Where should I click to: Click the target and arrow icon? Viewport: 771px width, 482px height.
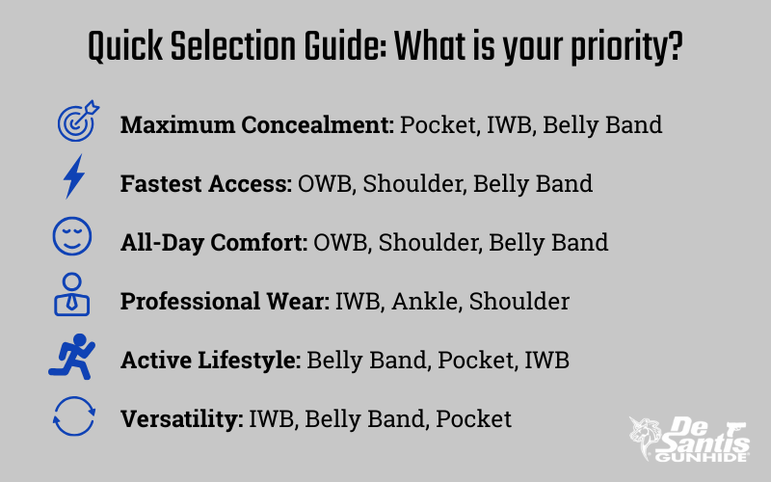pos(77,121)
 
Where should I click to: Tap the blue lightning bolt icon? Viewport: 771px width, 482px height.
pos(74,176)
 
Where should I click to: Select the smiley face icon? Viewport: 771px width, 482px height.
pos(72,236)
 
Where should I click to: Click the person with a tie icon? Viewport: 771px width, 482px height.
pos(71,294)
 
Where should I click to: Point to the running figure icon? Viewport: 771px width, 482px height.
pos(72,357)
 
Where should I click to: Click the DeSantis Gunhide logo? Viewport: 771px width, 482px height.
pos(689,440)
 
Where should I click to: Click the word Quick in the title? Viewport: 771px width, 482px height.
pos(125,46)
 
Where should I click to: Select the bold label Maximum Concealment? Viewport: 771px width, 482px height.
pos(257,124)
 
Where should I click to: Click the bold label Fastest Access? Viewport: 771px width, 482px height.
pos(206,183)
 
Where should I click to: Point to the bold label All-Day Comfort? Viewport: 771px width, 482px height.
pos(214,243)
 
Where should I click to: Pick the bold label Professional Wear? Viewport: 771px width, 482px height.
pos(225,301)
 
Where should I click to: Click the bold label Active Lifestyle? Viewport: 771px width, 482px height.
pos(210,360)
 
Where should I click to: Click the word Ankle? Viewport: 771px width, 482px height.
pos(426,301)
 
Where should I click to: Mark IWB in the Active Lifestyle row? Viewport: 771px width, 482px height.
pos(546,360)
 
